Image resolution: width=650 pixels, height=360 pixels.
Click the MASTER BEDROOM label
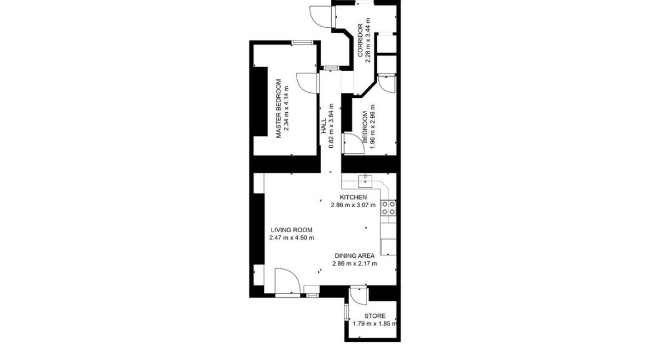click(279, 109)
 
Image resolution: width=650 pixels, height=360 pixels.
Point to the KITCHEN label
click(353, 197)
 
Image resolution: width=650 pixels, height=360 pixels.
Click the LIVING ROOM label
click(292, 230)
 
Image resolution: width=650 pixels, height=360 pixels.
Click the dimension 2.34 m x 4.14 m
click(287, 109)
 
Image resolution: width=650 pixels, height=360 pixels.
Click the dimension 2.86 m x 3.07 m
click(353, 205)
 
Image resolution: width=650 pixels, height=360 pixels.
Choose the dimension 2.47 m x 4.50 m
click(292, 238)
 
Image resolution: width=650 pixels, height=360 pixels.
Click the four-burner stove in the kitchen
click(388, 208)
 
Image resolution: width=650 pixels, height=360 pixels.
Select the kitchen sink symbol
click(367, 179)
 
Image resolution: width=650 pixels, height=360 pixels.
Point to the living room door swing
click(287, 279)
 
